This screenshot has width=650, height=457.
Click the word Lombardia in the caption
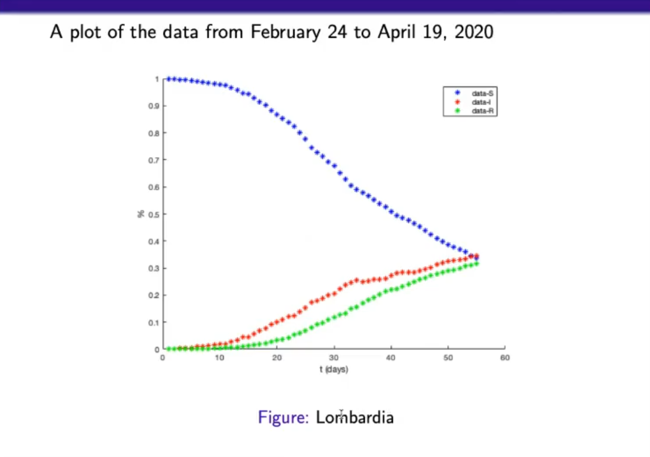[355, 418]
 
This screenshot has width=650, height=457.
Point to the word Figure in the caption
[283, 418]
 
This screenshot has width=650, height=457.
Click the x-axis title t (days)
[333, 369]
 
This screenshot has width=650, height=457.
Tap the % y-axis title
[141, 214]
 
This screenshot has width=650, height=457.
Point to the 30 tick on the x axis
[333, 358]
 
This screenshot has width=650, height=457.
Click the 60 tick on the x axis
[505, 358]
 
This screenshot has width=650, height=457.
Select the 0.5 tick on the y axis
[154, 214]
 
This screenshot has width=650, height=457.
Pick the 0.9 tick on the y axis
[154, 106]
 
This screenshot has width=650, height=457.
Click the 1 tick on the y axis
[156, 79]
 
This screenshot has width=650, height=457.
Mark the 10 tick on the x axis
[219, 358]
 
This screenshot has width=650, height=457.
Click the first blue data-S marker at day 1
[168, 78]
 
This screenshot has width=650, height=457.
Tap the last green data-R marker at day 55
[477, 264]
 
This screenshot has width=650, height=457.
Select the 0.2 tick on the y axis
[154, 295]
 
